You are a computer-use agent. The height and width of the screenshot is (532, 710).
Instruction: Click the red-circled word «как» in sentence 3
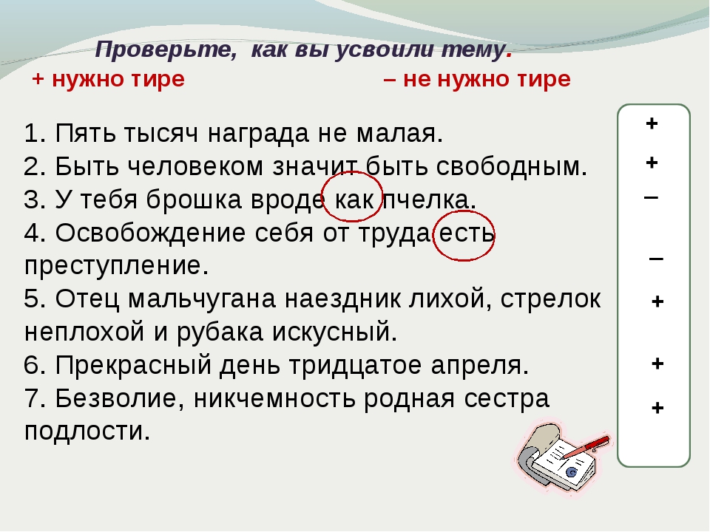(x=354, y=199)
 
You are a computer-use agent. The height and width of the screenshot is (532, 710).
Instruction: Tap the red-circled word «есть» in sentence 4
(x=467, y=233)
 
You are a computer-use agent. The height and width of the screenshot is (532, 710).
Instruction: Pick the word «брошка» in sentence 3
(x=194, y=199)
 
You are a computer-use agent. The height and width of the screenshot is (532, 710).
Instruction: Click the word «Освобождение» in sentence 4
(x=150, y=233)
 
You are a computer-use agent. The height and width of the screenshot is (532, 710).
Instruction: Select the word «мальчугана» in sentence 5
(x=202, y=299)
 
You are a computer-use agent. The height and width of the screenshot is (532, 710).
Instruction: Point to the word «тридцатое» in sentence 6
(x=355, y=366)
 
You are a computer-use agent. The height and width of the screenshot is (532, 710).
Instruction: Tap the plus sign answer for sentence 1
(x=652, y=123)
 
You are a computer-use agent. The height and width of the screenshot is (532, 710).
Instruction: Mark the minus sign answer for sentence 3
(x=651, y=197)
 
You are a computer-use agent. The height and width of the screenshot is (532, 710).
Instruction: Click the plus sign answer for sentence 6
(x=657, y=364)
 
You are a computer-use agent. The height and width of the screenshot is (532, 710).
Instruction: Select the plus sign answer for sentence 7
(x=657, y=408)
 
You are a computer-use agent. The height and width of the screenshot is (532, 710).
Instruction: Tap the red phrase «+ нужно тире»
(x=109, y=80)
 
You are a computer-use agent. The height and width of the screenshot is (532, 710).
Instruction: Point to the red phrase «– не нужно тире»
(x=477, y=80)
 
